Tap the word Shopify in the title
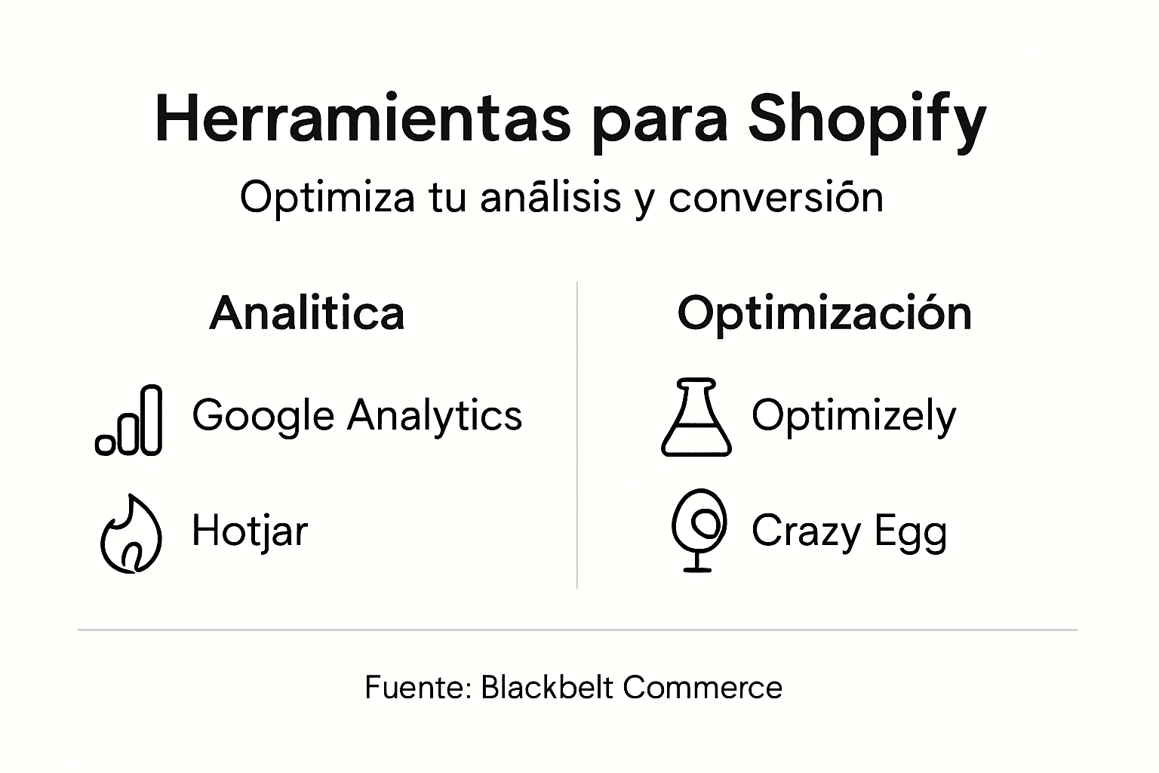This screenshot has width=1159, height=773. (x=867, y=121)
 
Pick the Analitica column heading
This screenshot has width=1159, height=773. (x=307, y=313)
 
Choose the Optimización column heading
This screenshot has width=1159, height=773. (x=824, y=314)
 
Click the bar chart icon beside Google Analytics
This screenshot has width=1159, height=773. (x=129, y=420)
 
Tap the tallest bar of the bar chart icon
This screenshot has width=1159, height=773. (x=152, y=420)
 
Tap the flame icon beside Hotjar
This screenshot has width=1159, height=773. (x=131, y=534)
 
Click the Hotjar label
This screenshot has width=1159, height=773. (x=250, y=531)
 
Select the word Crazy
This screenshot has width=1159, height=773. (x=806, y=531)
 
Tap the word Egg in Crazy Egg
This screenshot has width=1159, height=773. (x=911, y=533)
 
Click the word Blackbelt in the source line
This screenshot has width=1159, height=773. (x=546, y=688)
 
